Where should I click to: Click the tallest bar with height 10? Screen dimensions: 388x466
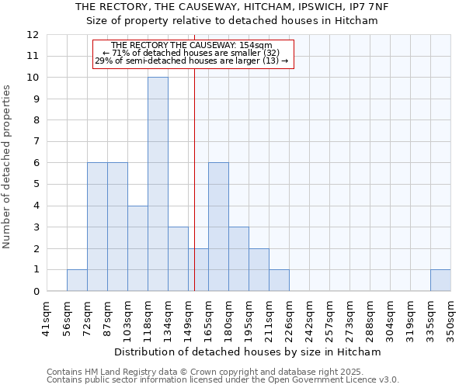158,184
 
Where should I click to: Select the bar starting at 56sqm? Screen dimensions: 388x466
77,280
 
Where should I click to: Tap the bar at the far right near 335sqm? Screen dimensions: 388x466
440,280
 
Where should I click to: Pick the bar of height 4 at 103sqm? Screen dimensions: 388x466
137,248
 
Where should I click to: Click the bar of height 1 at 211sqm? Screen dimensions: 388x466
279,280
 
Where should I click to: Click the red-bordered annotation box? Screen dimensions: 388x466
193,54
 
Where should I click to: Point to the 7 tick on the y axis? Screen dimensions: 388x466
35,142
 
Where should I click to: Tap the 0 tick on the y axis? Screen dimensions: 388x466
35,291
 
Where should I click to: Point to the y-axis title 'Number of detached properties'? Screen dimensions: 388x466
9,167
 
